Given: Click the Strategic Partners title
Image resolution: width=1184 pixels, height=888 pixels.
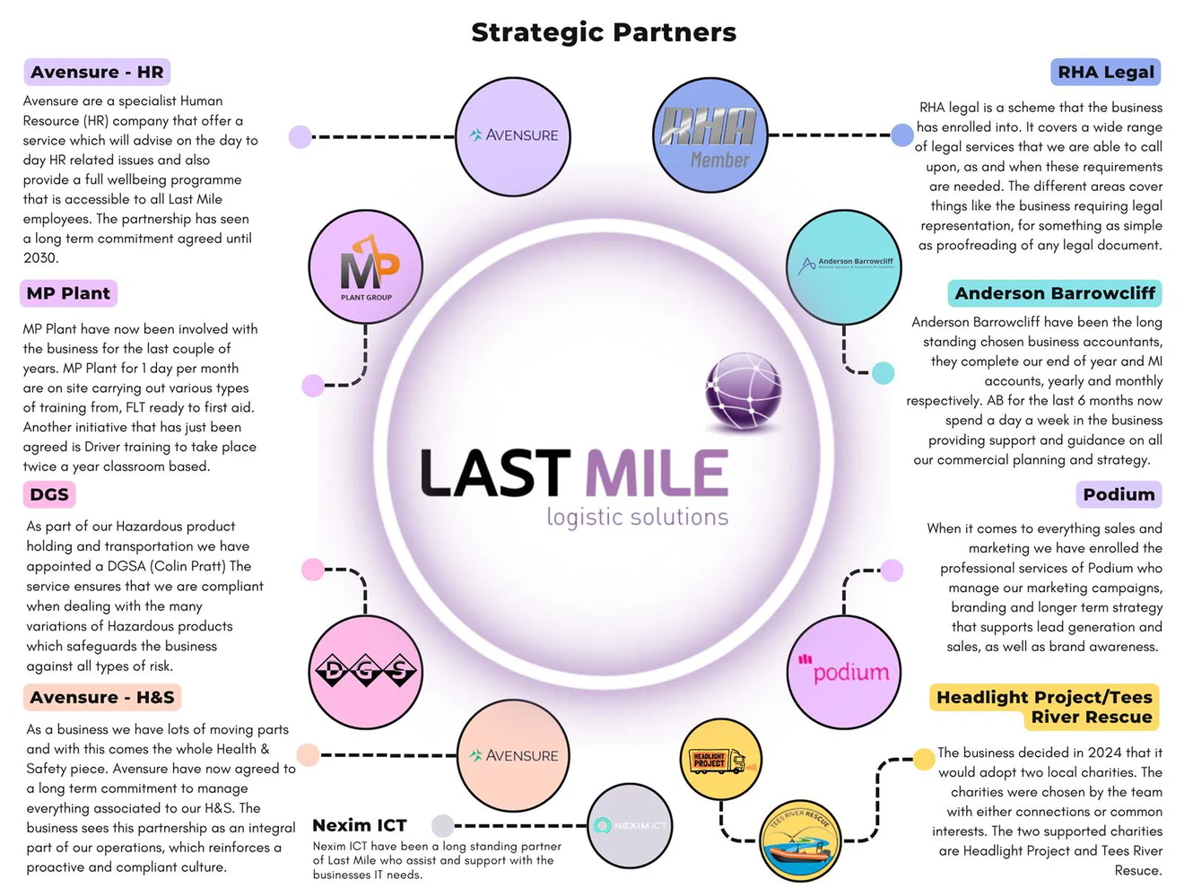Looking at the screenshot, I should (x=604, y=32).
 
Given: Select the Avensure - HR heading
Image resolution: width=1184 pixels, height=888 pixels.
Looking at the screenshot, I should (x=97, y=72).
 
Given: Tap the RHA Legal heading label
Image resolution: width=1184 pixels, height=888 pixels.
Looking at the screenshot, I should (x=1105, y=72).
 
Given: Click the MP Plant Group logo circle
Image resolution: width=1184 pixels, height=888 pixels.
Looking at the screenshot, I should (x=366, y=267).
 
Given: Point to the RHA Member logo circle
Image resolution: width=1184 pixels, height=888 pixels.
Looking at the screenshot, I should (x=710, y=135).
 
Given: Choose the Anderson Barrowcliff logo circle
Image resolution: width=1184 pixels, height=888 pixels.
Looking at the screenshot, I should (x=844, y=266).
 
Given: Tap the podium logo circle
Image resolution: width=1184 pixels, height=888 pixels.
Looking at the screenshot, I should (x=844, y=672).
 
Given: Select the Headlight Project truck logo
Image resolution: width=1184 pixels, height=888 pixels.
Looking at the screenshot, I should (x=720, y=760).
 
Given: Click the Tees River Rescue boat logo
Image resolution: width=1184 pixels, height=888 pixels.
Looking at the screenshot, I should (x=799, y=840).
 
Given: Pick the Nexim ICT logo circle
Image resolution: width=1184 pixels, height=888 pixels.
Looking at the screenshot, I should (x=632, y=825).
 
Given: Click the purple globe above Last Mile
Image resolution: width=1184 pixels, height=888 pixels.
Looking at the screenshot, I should (x=744, y=391).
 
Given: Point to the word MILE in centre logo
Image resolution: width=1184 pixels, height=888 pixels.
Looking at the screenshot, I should (x=657, y=474).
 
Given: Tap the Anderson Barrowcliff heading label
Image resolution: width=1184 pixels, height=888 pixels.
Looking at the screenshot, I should (x=1054, y=293).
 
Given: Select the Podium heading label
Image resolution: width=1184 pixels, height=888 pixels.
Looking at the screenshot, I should (x=1119, y=494).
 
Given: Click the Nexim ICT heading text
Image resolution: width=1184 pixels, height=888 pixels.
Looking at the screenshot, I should (x=360, y=825).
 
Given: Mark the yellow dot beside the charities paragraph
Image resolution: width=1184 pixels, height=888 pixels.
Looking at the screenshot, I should (x=924, y=760).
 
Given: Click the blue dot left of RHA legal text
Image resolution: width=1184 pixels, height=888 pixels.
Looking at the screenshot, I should (x=902, y=135).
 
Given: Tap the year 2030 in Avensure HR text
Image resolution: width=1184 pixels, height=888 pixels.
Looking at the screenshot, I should (x=41, y=258).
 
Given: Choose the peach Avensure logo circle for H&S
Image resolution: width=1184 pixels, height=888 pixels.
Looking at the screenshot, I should (x=513, y=755).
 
